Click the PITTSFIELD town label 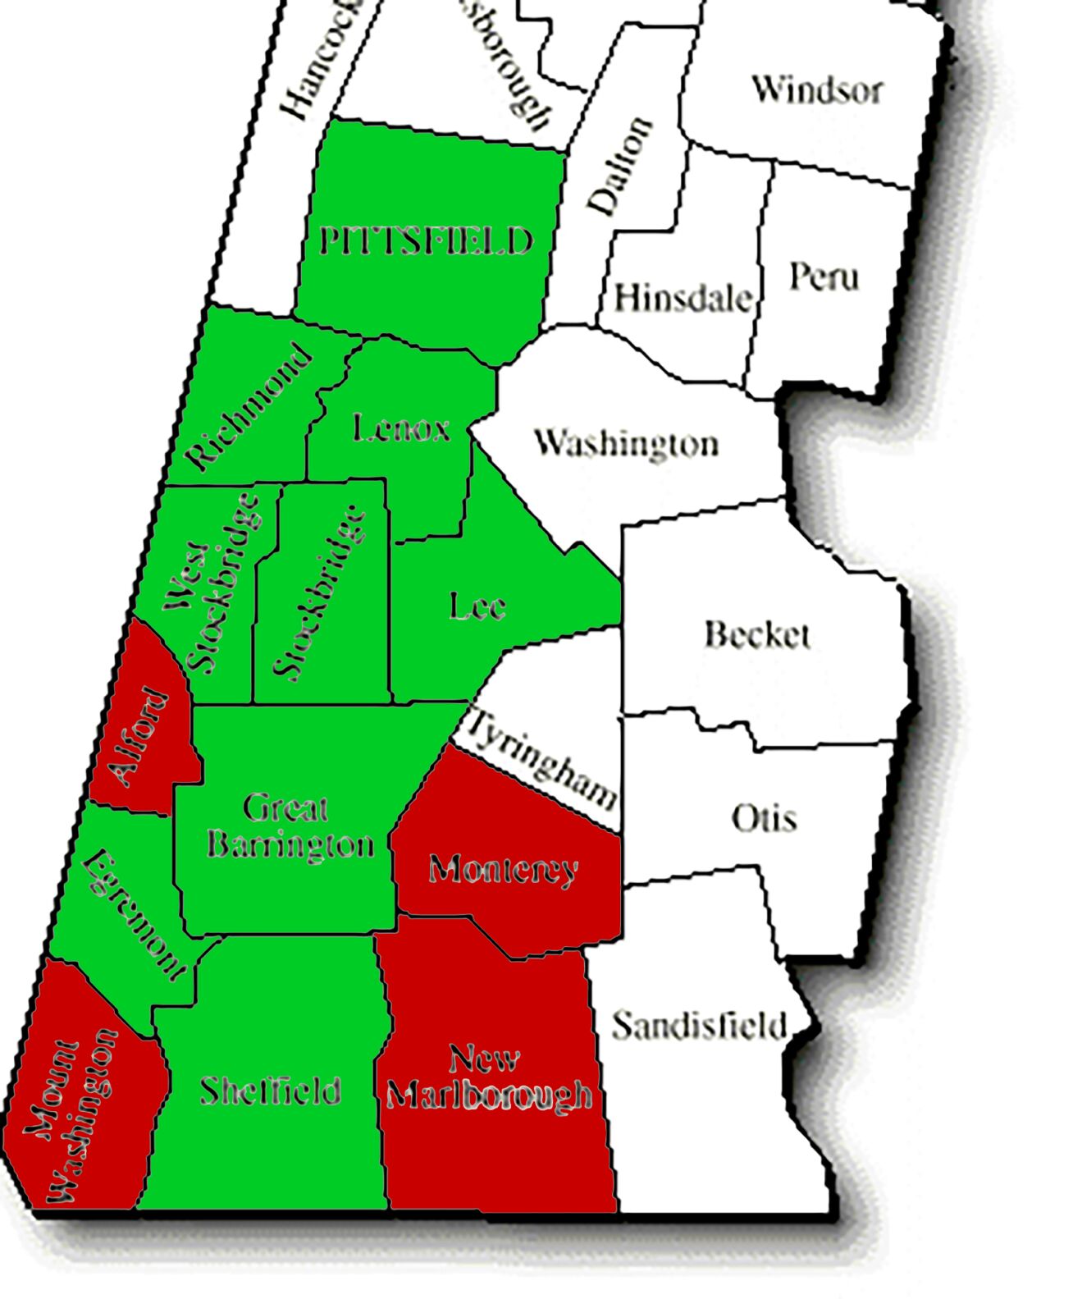[x=426, y=242]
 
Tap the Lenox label [x=401, y=428]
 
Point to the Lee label [x=477, y=606]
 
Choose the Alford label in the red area [x=139, y=737]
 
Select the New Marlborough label [x=489, y=1077]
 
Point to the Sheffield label [x=270, y=1091]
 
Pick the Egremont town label [x=135, y=914]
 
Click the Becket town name [x=757, y=634]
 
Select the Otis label [x=764, y=818]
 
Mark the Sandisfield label [x=699, y=1026]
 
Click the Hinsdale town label [x=683, y=298]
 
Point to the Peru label [x=824, y=276]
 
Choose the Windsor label [x=817, y=89]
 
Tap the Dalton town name [x=621, y=167]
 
